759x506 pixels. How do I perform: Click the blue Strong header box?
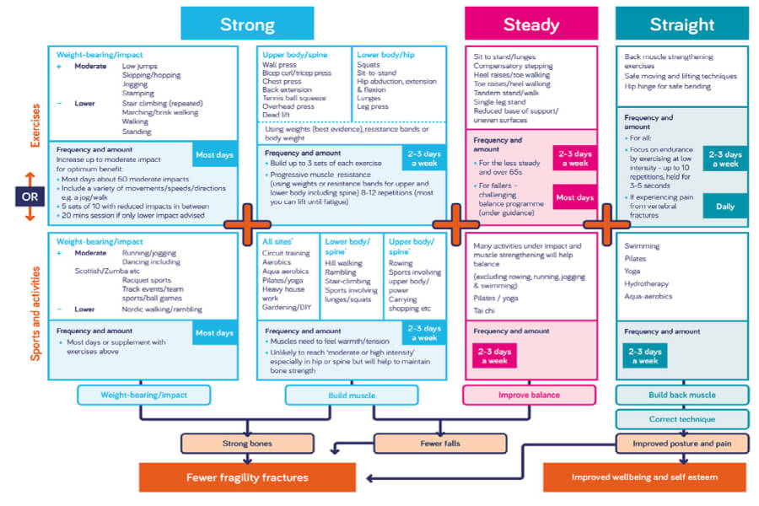click(247, 24)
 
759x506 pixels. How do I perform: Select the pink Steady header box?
click(530, 24)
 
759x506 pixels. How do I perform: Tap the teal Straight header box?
click(681, 24)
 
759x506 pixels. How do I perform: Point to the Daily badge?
click(724, 205)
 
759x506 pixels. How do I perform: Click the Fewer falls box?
click(440, 444)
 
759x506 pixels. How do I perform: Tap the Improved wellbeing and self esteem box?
click(643, 478)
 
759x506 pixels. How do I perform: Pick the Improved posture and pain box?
click(681, 444)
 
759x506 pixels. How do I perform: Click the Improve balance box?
click(530, 395)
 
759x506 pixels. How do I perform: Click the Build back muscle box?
click(681, 395)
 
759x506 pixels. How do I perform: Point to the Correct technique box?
click(681, 419)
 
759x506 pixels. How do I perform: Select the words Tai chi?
click(486, 309)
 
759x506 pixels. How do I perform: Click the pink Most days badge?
click(574, 198)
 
